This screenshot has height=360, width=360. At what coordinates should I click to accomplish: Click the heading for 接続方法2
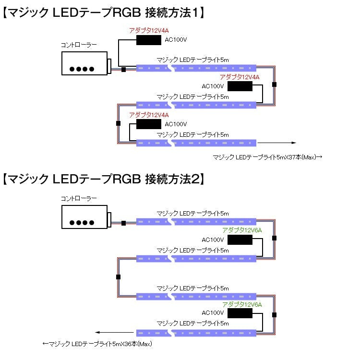(x=103, y=180)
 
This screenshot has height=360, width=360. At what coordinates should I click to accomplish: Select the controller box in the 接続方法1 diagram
(x=84, y=63)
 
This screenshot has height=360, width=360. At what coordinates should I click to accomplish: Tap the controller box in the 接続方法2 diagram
(x=84, y=216)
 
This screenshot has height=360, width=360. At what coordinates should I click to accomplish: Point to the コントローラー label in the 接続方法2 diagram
(x=78, y=198)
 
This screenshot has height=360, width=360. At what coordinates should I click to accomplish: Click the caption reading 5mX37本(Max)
(x=267, y=157)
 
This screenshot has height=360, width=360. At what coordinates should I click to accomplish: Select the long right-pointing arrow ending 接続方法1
(x=276, y=143)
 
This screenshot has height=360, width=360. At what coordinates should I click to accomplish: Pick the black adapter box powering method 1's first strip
(x=149, y=40)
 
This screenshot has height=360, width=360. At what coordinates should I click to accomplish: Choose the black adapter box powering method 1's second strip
(x=240, y=86)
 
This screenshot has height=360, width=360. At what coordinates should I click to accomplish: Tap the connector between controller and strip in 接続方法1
(x=123, y=70)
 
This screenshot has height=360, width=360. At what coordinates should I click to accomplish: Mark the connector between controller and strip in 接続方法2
(x=123, y=223)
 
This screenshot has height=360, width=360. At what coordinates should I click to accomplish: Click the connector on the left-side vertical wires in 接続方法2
(x=118, y=277)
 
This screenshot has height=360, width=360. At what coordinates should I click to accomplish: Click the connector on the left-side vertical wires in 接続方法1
(x=118, y=123)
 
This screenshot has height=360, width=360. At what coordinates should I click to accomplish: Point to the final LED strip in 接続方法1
(x=197, y=143)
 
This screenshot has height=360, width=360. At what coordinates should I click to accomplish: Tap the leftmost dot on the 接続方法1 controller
(x=72, y=69)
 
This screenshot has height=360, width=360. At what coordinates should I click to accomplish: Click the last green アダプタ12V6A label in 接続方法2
(x=242, y=305)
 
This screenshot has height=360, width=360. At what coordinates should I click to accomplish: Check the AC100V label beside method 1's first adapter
(x=175, y=40)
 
